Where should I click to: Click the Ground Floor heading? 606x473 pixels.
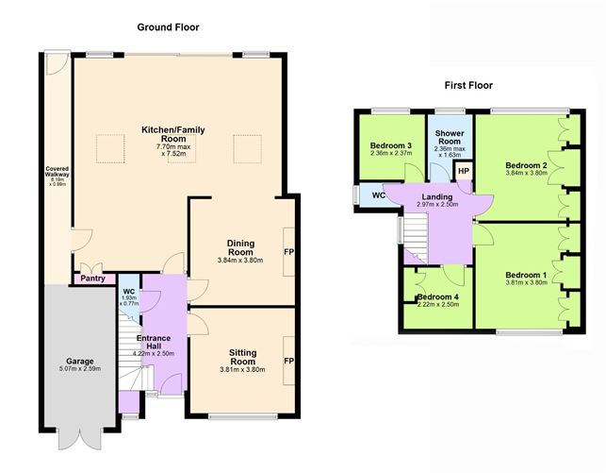coord(168,27)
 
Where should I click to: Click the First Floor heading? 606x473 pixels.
coord(468,85)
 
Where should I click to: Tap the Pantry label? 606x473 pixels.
coord(92,279)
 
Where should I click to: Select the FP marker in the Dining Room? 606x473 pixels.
coord(288,252)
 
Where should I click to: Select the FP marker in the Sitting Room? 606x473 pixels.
coord(288,361)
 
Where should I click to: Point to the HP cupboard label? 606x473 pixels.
coord(464,171)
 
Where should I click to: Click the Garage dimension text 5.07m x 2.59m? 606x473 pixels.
coord(80,368)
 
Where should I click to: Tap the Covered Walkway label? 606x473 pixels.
coord(57,172)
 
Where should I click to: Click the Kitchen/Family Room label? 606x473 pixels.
coord(173,134)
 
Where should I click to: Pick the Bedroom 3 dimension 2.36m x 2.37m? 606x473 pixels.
coord(391,153)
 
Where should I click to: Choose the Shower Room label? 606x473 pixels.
coord(450,137)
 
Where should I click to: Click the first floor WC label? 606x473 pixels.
coord(379,195)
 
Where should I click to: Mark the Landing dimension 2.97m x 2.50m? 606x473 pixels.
coord(437,204)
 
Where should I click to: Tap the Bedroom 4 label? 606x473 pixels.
coord(438,296)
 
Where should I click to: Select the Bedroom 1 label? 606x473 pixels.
coord(526,275)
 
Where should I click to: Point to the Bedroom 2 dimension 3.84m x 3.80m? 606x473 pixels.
coord(527,173)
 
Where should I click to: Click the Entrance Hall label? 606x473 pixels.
coord(154,342)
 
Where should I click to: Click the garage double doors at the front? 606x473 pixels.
coord(80,439)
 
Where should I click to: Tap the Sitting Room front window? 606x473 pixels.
coord(243,416)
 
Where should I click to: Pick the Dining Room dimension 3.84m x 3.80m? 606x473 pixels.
coord(240,261)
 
